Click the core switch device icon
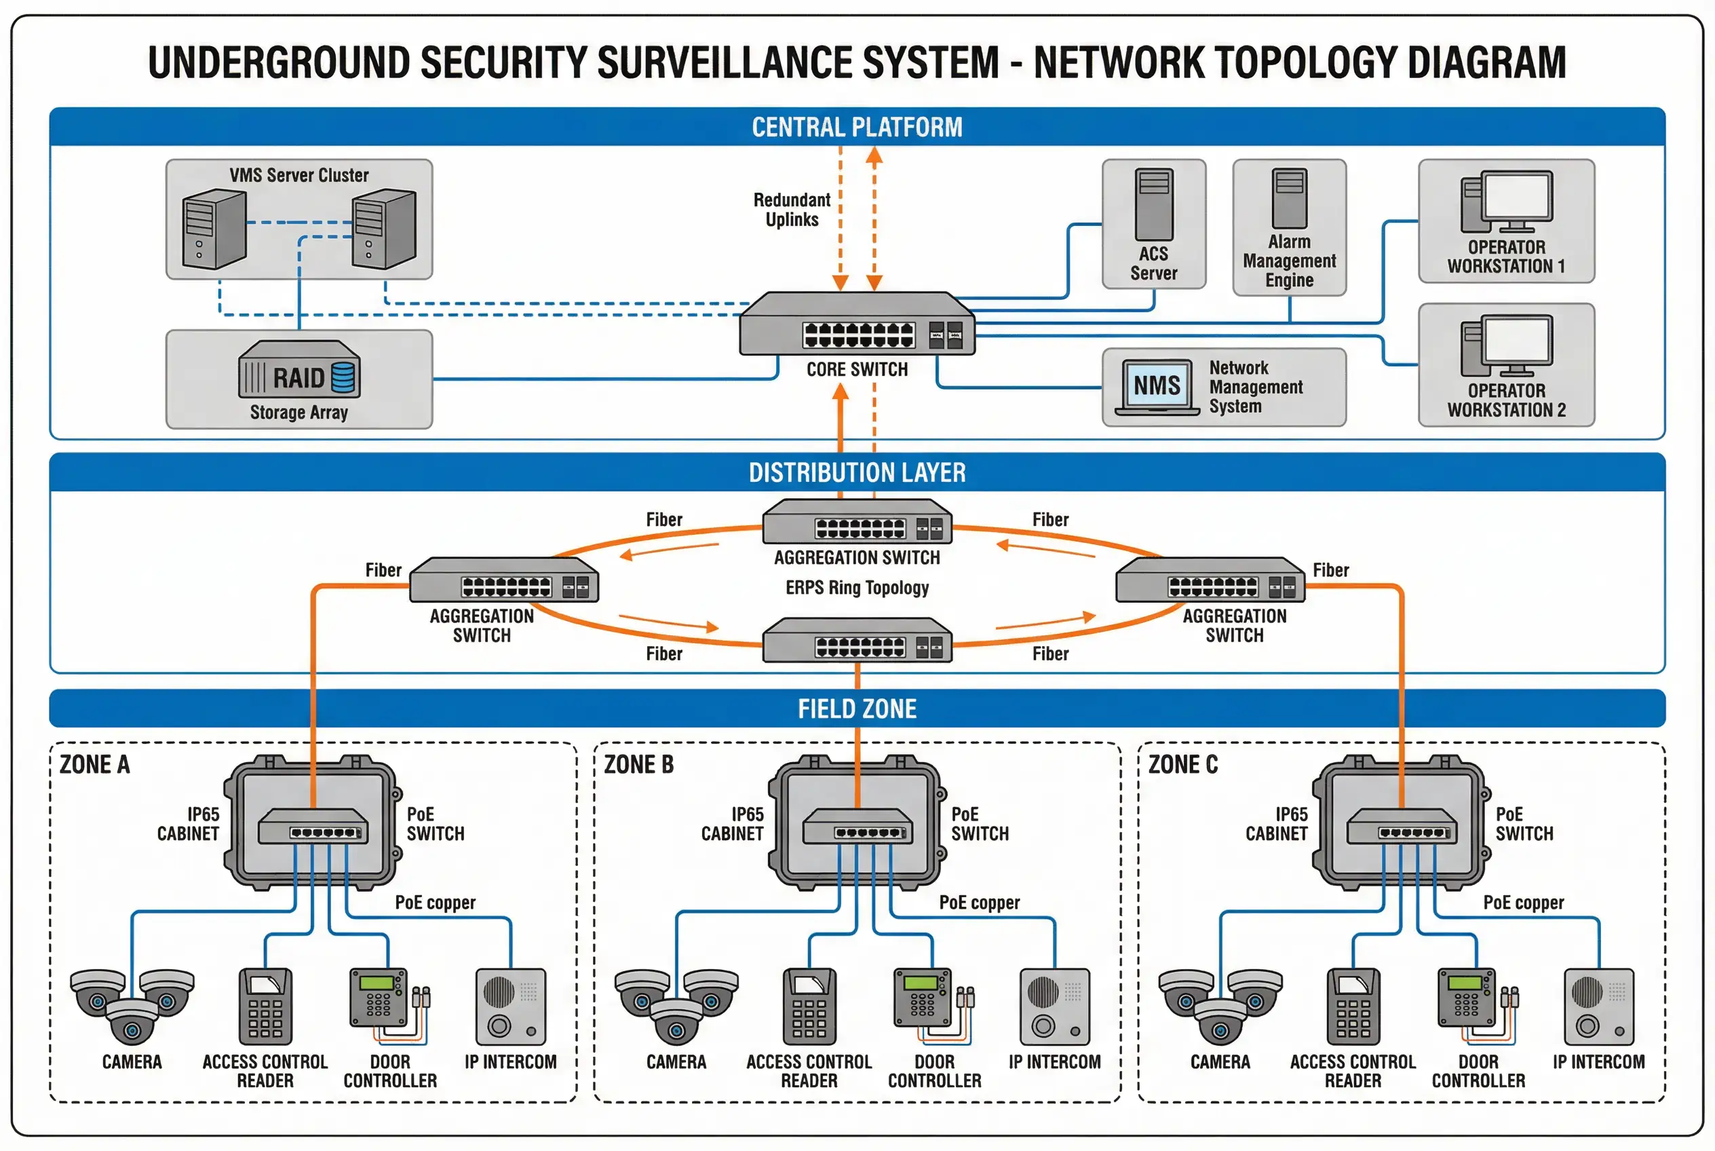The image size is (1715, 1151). [x=856, y=324]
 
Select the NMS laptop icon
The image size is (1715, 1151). [x=1157, y=387]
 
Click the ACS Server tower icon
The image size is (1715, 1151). [x=1153, y=204]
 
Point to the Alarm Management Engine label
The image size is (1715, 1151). [x=1289, y=261]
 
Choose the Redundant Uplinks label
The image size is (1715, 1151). [x=791, y=209]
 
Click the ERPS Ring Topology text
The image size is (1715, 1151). [x=856, y=587]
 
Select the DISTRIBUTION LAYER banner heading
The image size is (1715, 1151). [x=856, y=472]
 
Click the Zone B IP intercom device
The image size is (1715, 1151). [x=1054, y=1006]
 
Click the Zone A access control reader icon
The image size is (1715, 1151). [x=265, y=1006]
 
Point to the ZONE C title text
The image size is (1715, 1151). [x=1182, y=764]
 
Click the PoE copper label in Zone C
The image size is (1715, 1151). [x=1523, y=902]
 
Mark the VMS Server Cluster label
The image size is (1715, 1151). [x=298, y=174]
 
